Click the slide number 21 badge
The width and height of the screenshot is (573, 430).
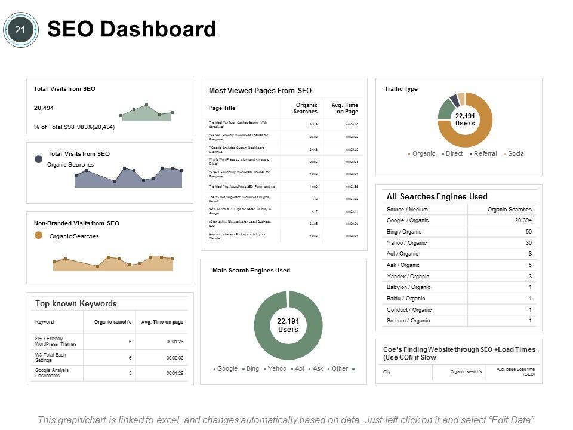[x=20, y=30]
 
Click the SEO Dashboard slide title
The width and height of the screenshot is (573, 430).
[x=131, y=29]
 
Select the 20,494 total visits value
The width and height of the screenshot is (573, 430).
[x=44, y=108]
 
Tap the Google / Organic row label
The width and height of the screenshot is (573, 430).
[x=408, y=220]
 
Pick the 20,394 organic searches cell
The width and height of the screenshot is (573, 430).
[x=519, y=220]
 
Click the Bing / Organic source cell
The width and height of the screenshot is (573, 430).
[x=404, y=232]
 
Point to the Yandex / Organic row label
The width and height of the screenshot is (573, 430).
[x=408, y=277]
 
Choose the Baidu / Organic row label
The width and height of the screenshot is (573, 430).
[x=406, y=299]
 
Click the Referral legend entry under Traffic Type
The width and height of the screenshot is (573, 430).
[x=485, y=153]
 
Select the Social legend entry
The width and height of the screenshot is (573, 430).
[x=516, y=153]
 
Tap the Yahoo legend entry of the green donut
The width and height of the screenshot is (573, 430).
[x=276, y=368]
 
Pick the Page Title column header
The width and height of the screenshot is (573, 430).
[x=222, y=108]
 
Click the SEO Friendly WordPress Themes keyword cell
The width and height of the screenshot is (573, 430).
[x=56, y=341]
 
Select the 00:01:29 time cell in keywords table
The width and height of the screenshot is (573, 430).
[x=174, y=373]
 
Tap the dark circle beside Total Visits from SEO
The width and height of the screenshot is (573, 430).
[x=39, y=159]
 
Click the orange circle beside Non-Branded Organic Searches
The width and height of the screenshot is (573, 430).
[x=39, y=235]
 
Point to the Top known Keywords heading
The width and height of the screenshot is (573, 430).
[x=76, y=303]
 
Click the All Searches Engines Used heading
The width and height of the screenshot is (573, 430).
[x=437, y=196]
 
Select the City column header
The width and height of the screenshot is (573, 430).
[x=387, y=372]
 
